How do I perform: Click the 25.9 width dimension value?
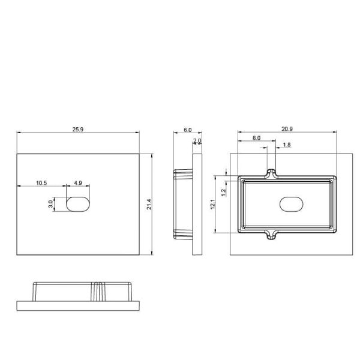point(78,128)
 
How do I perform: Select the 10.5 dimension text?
point(41,182)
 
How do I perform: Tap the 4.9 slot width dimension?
point(78,182)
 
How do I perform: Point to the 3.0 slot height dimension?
point(52,204)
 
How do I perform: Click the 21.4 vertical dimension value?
point(149,204)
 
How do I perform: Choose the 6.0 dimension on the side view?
point(187,129)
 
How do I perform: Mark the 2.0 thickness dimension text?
point(197,141)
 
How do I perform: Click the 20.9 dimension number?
point(287,129)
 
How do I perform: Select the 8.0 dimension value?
point(256,138)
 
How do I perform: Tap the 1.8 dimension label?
point(286,145)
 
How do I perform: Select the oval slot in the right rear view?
point(292,204)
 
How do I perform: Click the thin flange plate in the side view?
point(197,204)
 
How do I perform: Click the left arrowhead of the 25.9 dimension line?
point(19,133)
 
